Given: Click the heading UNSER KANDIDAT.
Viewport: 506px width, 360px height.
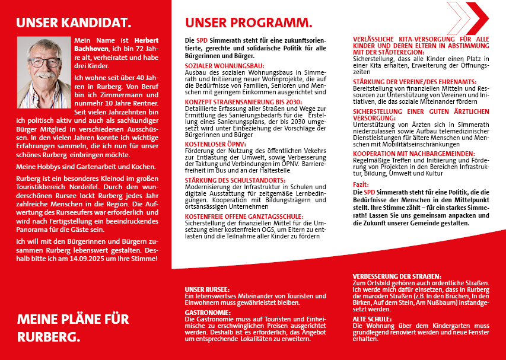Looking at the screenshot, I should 74,23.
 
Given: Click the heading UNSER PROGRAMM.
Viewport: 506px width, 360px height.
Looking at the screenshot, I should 249,23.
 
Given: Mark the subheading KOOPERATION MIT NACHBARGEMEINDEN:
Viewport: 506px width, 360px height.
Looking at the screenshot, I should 413,153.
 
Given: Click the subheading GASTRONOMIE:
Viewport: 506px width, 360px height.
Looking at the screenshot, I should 208,311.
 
